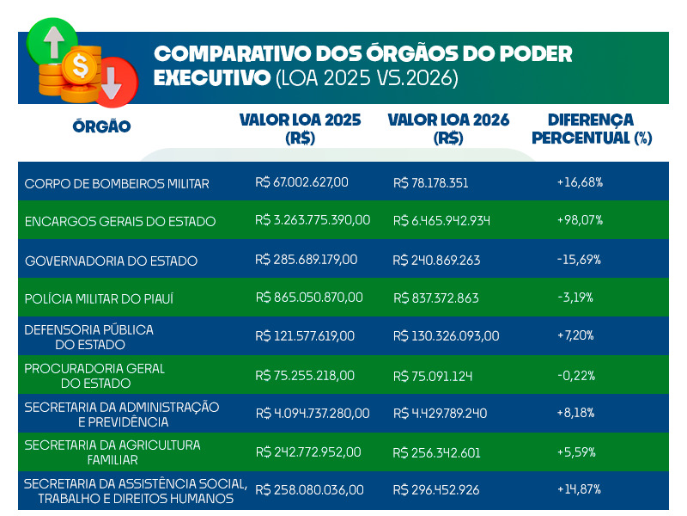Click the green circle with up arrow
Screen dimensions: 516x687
(51, 41)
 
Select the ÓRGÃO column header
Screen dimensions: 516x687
(101, 127)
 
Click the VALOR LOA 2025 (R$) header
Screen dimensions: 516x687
(300, 128)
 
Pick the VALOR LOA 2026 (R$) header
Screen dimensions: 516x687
(448, 128)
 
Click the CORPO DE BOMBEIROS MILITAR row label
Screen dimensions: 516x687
(117, 183)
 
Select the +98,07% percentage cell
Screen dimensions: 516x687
(580, 220)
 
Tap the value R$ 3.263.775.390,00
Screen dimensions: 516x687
(313, 220)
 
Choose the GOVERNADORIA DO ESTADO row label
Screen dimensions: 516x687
(111, 261)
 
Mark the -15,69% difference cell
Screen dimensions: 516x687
(579, 259)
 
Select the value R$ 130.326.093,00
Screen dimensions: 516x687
(446, 336)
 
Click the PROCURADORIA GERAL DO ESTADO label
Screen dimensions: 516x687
(94, 375)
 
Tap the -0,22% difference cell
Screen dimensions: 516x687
(576, 375)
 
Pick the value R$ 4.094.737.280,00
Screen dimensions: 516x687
(313, 414)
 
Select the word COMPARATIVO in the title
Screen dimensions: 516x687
(231, 54)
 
